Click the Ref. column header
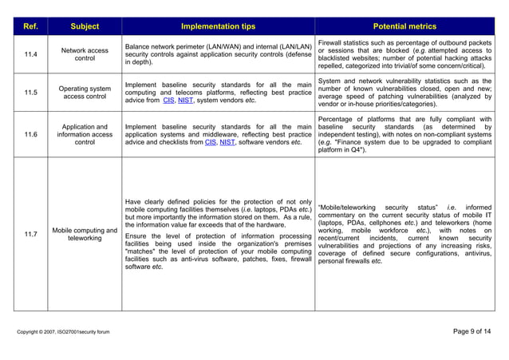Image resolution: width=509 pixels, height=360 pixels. (30, 26)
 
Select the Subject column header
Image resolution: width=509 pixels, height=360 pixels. (85, 26)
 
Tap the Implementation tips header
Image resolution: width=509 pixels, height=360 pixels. (218, 26)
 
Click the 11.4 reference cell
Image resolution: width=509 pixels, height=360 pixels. (30, 54)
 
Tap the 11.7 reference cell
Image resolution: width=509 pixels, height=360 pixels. (30, 234)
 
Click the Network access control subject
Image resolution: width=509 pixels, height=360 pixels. (85, 54)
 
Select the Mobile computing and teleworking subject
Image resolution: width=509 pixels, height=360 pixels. (85, 234)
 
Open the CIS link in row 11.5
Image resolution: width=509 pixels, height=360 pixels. (168, 101)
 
